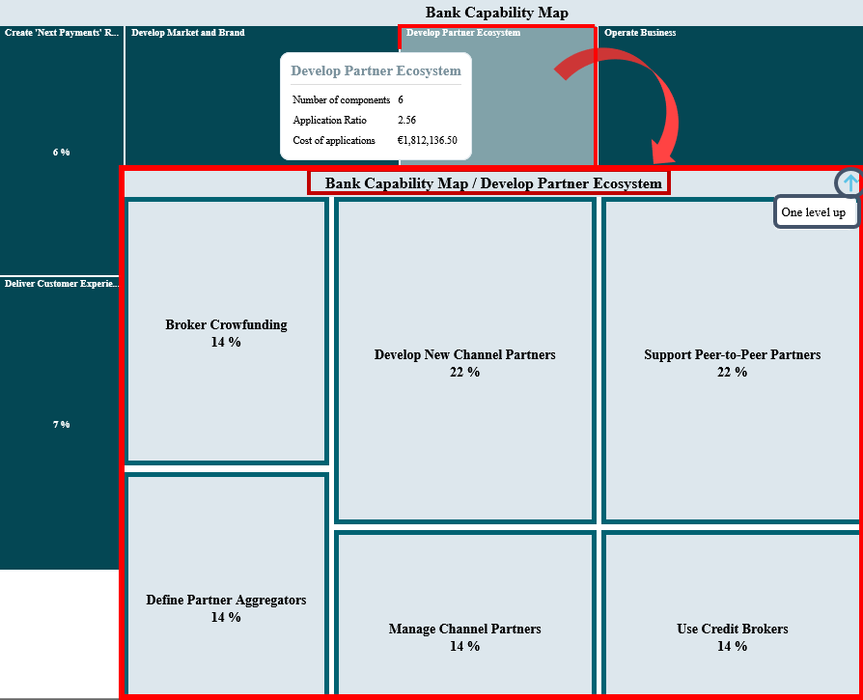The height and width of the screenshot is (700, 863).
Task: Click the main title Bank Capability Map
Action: coord(496,13)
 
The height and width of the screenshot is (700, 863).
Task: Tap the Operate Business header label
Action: coord(640,33)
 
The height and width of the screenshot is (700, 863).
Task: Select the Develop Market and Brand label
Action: coord(188,33)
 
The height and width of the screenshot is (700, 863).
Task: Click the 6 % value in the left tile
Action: coord(61,153)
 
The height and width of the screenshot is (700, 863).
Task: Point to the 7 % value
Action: coord(61,424)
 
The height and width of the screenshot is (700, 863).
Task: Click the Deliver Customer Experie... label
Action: coord(62,284)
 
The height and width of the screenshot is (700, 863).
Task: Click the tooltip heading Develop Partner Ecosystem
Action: coord(376,71)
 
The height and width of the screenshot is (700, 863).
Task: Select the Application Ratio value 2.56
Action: coord(406,120)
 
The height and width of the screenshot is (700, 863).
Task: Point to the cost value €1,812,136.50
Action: coord(427,140)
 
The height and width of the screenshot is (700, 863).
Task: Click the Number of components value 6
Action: coord(401,99)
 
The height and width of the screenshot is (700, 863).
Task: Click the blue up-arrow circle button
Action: coord(849,182)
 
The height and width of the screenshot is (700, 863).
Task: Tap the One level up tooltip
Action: coord(815,211)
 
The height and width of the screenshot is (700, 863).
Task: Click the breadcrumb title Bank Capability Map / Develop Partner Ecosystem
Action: coord(493,183)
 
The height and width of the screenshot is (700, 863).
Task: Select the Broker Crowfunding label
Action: coord(226,324)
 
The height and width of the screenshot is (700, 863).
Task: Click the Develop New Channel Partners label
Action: coord(465,355)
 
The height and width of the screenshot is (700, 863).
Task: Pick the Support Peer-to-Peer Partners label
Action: coord(733,355)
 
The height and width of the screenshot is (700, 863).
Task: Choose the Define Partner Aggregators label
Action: coord(226,600)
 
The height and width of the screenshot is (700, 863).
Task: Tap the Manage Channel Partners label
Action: coord(465,629)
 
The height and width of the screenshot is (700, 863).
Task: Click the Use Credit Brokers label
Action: coord(733,629)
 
